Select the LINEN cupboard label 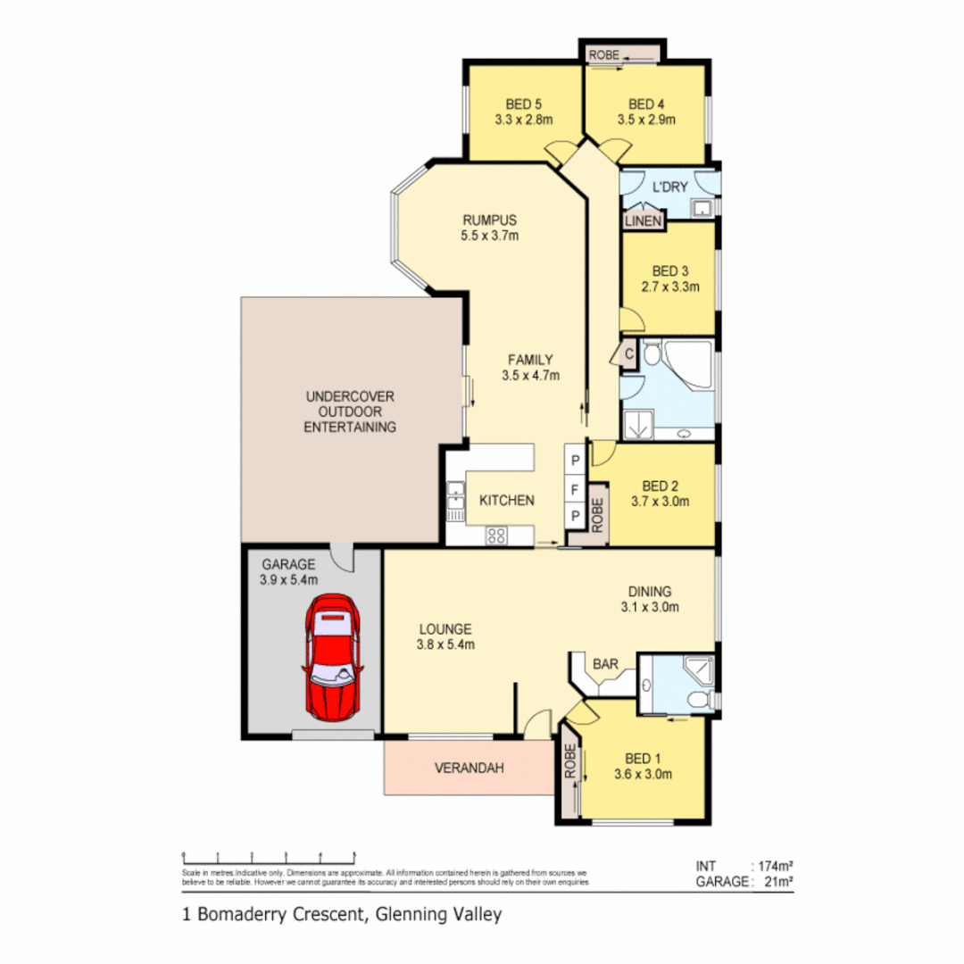coord(643,220)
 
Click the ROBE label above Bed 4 coord(602,55)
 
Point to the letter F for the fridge coord(576,488)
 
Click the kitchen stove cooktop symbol coord(496,536)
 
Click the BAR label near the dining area coord(607,664)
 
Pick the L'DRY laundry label coord(670,187)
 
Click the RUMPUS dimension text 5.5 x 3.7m coord(490,237)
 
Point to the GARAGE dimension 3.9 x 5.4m coord(289,579)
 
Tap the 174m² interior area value coord(774,866)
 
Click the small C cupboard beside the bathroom coord(628,353)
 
